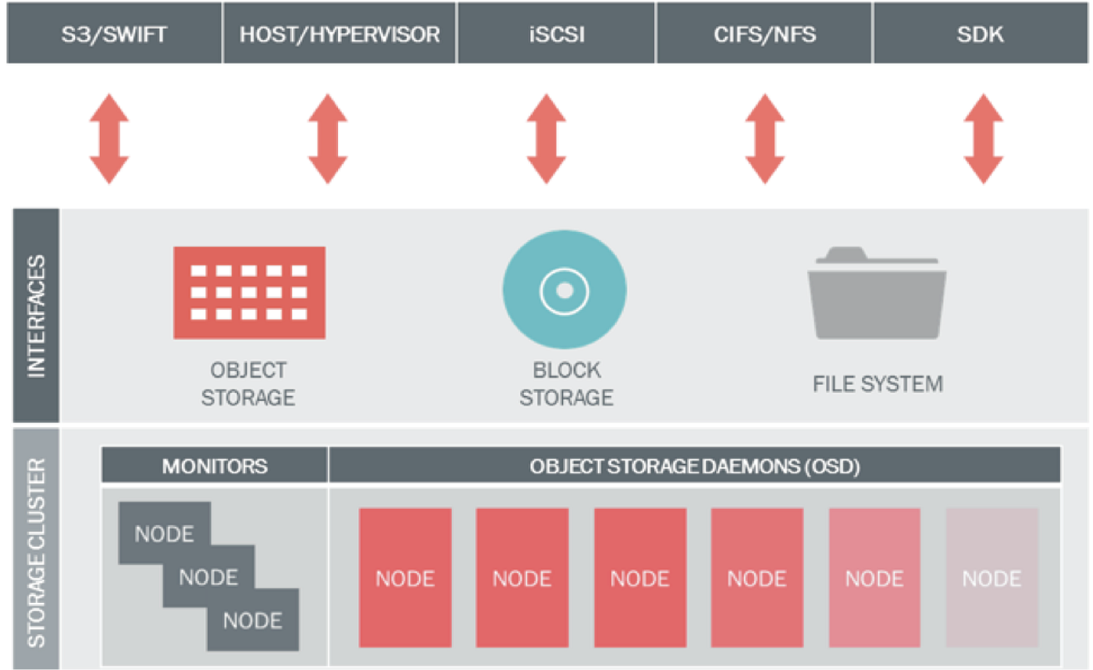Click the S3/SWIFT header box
click(x=114, y=33)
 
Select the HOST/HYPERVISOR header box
click(x=340, y=33)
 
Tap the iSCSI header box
click(x=556, y=33)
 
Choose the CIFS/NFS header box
click(x=764, y=33)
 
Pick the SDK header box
click(x=982, y=33)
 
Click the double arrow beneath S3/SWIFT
click(x=109, y=139)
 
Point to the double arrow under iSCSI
click(x=546, y=139)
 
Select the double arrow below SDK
click(x=983, y=139)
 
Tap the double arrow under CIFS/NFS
click(x=764, y=139)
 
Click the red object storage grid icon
click(x=249, y=293)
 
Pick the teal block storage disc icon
click(x=565, y=290)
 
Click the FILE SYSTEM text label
click(x=878, y=384)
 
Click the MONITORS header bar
click(x=215, y=466)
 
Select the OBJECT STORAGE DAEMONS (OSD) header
click(x=695, y=466)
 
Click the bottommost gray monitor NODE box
click(x=253, y=622)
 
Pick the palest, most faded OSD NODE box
click(x=992, y=578)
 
